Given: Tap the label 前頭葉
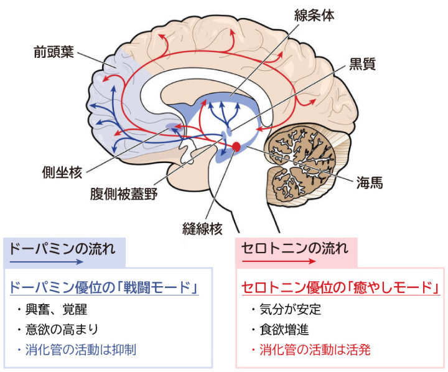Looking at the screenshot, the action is click(x=54, y=52).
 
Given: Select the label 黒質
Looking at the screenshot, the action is click(x=362, y=64).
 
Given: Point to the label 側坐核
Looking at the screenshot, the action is click(x=62, y=172).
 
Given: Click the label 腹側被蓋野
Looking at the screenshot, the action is click(x=124, y=193).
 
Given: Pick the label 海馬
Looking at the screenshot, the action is click(x=369, y=182).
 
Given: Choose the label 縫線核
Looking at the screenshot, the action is click(x=202, y=228).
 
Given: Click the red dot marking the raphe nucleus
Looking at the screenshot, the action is click(x=236, y=147).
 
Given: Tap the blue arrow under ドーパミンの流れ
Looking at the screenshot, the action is click(x=46, y=262).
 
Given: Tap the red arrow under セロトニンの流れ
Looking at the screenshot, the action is click(x=279, y=261).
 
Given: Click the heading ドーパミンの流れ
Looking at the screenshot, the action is click(x=62, y=248).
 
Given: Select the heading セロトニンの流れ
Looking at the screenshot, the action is click(x=295, y=248).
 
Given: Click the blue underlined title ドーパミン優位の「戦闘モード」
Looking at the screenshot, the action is click(x=105, y=287).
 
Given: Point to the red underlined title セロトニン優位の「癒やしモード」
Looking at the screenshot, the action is click(x=341, y=287).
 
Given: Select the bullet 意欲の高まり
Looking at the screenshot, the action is click(x=57, y=329).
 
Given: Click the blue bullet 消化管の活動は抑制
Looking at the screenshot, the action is click(x=76, y=350).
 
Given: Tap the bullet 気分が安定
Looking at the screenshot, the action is click(x=286, y=309).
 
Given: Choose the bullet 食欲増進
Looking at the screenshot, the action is click(x=280, y=330).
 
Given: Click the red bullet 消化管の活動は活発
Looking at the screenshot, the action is click(x=310, y=350).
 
